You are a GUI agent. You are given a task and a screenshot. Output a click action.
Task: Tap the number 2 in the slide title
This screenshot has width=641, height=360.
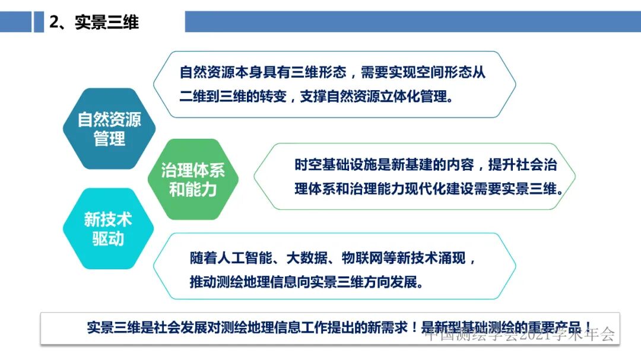point(55,23)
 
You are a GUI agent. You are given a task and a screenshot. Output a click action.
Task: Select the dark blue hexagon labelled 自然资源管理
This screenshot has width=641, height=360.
point(109,129)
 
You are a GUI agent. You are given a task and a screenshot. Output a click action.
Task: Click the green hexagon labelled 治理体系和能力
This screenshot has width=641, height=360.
point(193,180)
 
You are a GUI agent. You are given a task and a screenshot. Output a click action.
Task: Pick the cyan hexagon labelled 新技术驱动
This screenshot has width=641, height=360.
point(108,229)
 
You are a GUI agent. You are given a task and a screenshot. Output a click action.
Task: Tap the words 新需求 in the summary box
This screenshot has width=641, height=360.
point(386,327)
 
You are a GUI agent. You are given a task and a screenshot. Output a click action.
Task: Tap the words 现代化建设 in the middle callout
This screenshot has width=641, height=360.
point(444,189)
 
